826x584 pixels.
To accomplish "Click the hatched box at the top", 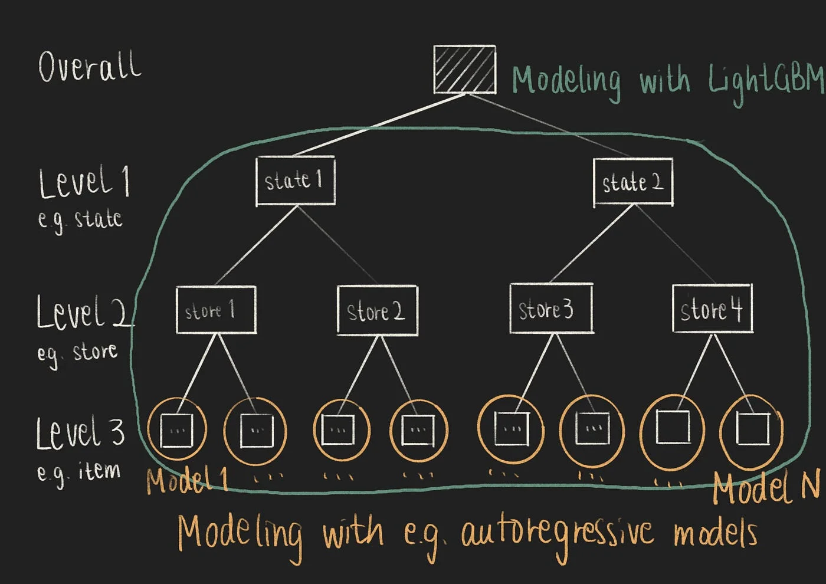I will pos(464,70).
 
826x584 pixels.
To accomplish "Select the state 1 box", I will pos(296,181).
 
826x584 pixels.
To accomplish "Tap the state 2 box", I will pos(633,182).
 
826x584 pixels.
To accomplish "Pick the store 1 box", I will pos(216,310).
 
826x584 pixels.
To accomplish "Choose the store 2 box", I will pos(377,310).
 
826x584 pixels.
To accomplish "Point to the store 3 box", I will pos(550,309).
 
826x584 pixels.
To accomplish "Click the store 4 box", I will pos(713,309).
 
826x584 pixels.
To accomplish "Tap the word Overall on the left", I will pos(90,66).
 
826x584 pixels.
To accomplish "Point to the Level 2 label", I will pos(83,312).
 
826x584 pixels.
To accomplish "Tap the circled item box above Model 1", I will pos(176,429).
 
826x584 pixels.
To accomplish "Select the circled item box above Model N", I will pos(752,430).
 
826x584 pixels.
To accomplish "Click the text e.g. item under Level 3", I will pos(78,472).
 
